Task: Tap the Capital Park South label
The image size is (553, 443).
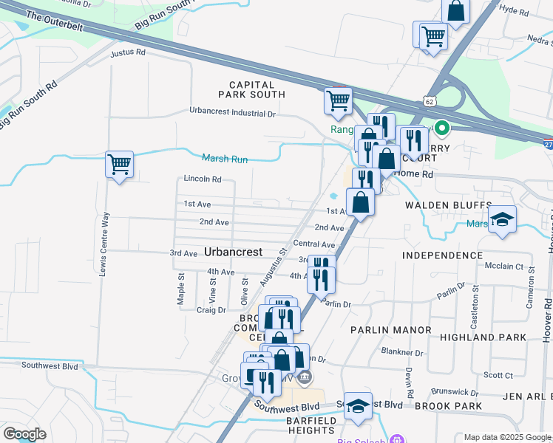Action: tap(251, 89)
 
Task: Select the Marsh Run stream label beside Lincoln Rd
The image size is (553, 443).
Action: tap(225, 158)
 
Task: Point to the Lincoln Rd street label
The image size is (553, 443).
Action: tap(203, 179)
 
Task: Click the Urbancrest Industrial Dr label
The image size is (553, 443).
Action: tap(232, 113)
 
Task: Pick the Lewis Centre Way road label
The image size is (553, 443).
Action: tap(104, 244)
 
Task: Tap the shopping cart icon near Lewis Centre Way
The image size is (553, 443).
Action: tap(119, 165)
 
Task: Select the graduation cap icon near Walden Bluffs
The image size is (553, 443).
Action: tap(502, 219)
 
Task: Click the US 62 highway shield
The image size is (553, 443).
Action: tap(430, 100)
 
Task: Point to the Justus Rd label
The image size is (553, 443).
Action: tap(127, 53)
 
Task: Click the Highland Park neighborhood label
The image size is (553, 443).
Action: tap(482, 337)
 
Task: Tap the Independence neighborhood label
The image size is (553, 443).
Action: tap(442, 255)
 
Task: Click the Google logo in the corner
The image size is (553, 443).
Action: tap(24, 433)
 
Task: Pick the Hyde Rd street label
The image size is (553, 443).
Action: tap(514, 11)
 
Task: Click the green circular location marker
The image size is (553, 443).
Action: tap(442, 129)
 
